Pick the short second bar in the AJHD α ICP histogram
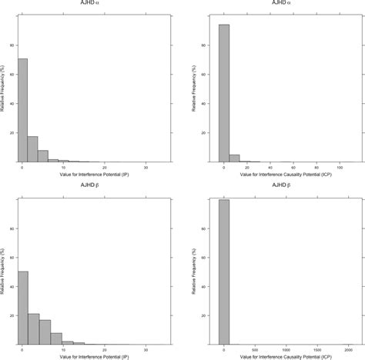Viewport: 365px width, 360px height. tap(234, 158)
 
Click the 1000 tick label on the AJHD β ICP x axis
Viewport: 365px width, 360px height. tap(285, 348)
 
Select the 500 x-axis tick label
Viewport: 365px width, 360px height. tap(254, 348)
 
